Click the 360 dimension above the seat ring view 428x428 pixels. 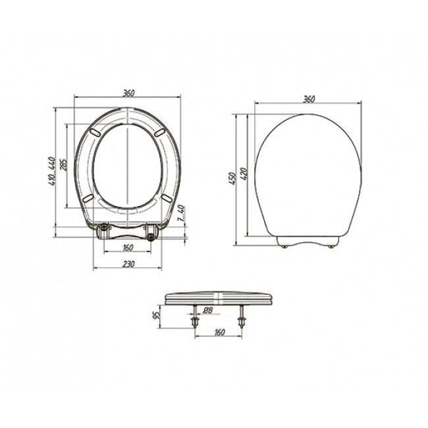pyautogui.click(x=128, y=93)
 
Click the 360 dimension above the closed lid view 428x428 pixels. pyautogui.click(x=309, y=99)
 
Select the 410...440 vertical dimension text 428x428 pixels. pyautogui.click(x=51, y=171)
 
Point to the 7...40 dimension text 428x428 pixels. pyautogui.click(x=182, y=213)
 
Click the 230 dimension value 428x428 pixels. pyautogui.click(x=128, y=264)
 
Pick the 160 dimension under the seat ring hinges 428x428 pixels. pyautogui.click(x=128, y=248)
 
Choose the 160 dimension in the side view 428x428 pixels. pyautogui.click(x=220, y=332)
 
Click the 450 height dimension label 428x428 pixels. pyautogui.click(x=232, y=178)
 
